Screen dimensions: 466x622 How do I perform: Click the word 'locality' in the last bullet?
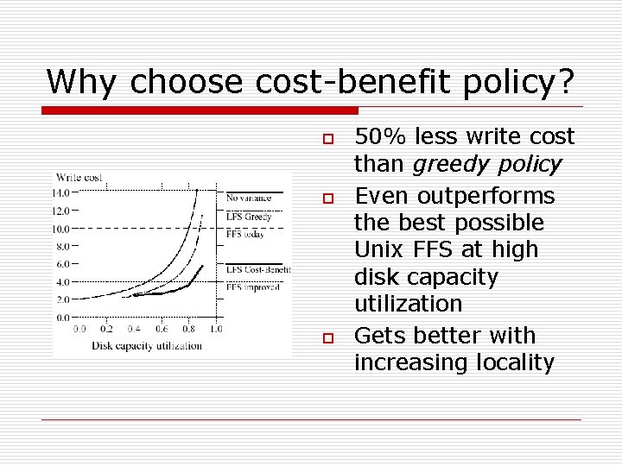point(515,362)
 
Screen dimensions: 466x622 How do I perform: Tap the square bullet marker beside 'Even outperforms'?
point(327,198)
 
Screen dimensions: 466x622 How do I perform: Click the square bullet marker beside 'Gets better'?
point(327,337)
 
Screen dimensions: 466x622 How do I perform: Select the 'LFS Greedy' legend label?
point(250,217)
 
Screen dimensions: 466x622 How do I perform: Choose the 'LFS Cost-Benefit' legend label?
point(258,269)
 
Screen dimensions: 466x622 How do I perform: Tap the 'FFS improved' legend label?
point(253,287)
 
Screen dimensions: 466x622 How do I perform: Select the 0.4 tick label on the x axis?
point(134,329)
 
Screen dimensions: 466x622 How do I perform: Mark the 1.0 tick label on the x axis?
point(215,329)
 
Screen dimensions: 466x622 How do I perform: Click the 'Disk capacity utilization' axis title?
point(147,345)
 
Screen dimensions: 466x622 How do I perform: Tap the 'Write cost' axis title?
point(80,178)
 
